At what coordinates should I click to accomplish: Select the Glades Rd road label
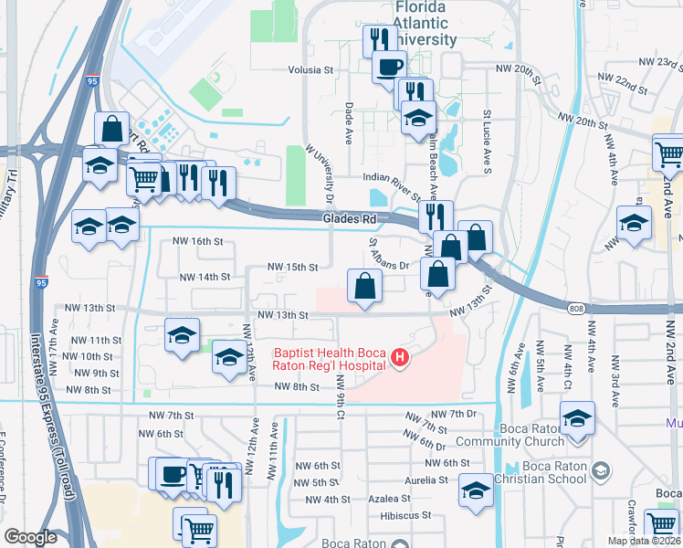click(x=350, y=219)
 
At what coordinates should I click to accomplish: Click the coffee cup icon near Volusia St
click(x=390, y=67)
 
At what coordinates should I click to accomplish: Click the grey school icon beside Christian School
click(x=600, y=471)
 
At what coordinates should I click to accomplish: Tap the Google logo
click(x=30, y=536)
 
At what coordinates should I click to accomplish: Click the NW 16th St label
click(x=199, y=241)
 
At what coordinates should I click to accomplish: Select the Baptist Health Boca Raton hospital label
click(x=329, y=359)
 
